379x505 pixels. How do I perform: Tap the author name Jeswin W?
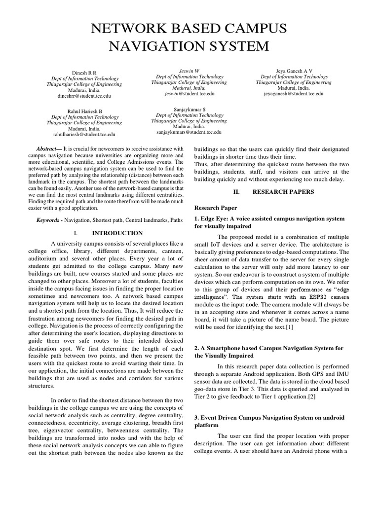(x=190, y=71)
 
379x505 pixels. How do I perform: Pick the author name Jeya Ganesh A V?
(x=294, y=71)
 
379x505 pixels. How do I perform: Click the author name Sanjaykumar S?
(x=190, y=109)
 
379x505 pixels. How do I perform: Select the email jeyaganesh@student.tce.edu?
(x=294, y=93)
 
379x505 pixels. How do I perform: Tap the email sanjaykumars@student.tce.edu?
(x=189, y=132)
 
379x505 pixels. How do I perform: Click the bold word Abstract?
(x=47, y=148)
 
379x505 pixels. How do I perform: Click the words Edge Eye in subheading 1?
(x=216, y=218)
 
